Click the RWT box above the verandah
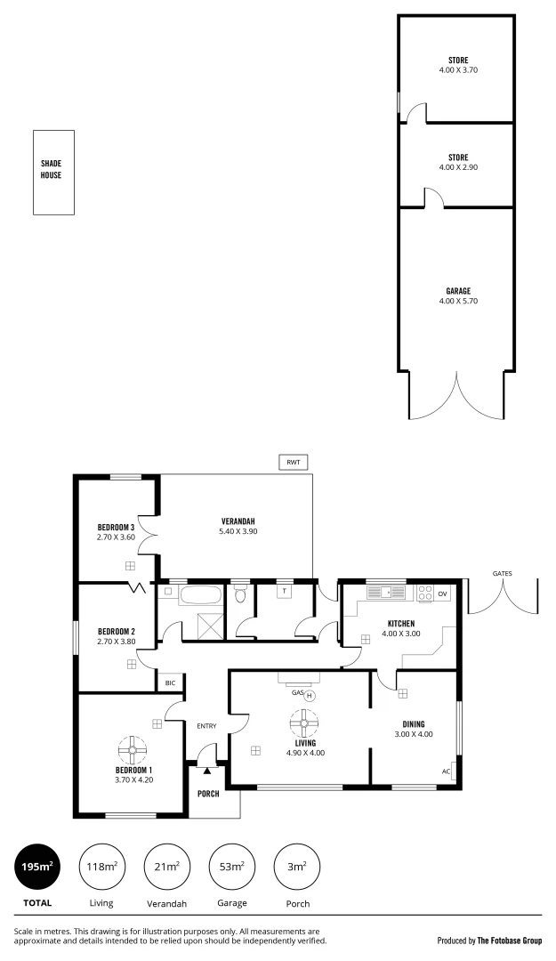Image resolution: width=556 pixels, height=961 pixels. tap(293, 463)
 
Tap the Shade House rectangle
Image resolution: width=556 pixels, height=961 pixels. tap(53, 172)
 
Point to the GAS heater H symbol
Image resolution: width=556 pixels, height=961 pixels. tap(310, 696)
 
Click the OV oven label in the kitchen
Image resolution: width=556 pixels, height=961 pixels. tap(442, 594)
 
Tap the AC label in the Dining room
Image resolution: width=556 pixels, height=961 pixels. tap(446, 771)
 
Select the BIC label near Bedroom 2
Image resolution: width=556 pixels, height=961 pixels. tap(170, 683)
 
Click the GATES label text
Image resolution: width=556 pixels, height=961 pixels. tap(502, 574)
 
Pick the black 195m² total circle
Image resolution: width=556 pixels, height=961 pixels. tap(37, 866)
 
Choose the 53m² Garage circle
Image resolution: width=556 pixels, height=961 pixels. tap(231, 866)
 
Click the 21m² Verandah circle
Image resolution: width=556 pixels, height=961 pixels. tap(167, 866)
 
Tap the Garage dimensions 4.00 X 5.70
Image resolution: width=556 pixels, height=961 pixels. tap(458, 301)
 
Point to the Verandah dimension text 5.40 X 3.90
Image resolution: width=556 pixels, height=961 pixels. tap(238, 531)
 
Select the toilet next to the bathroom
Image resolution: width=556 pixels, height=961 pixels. tap(239, 596)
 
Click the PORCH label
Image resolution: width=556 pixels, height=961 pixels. tap(208, 794)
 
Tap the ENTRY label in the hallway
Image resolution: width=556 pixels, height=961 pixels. tap(206, 726)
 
